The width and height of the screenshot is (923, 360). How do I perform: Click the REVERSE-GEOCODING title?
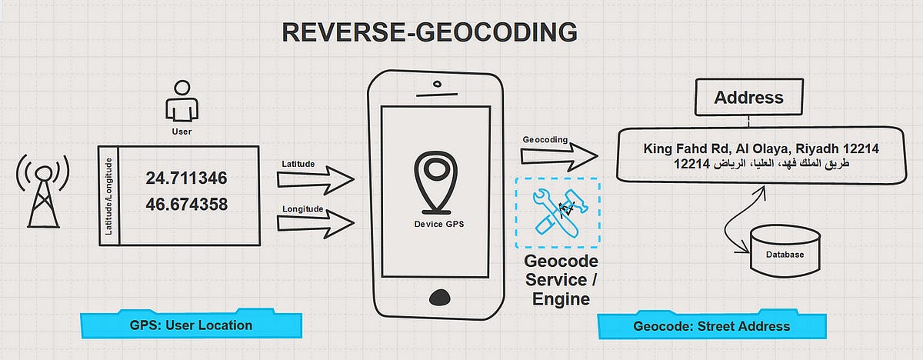[429, 32]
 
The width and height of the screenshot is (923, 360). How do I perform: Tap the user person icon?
[182, 105]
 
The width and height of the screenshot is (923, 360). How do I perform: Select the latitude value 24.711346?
[186, 179]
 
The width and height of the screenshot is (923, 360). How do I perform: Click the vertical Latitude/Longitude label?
[109, 195]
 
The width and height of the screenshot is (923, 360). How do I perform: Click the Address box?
[748, 98]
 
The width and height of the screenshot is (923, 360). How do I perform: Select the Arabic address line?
[761, 165]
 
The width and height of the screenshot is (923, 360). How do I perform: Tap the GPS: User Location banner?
[191, 325]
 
